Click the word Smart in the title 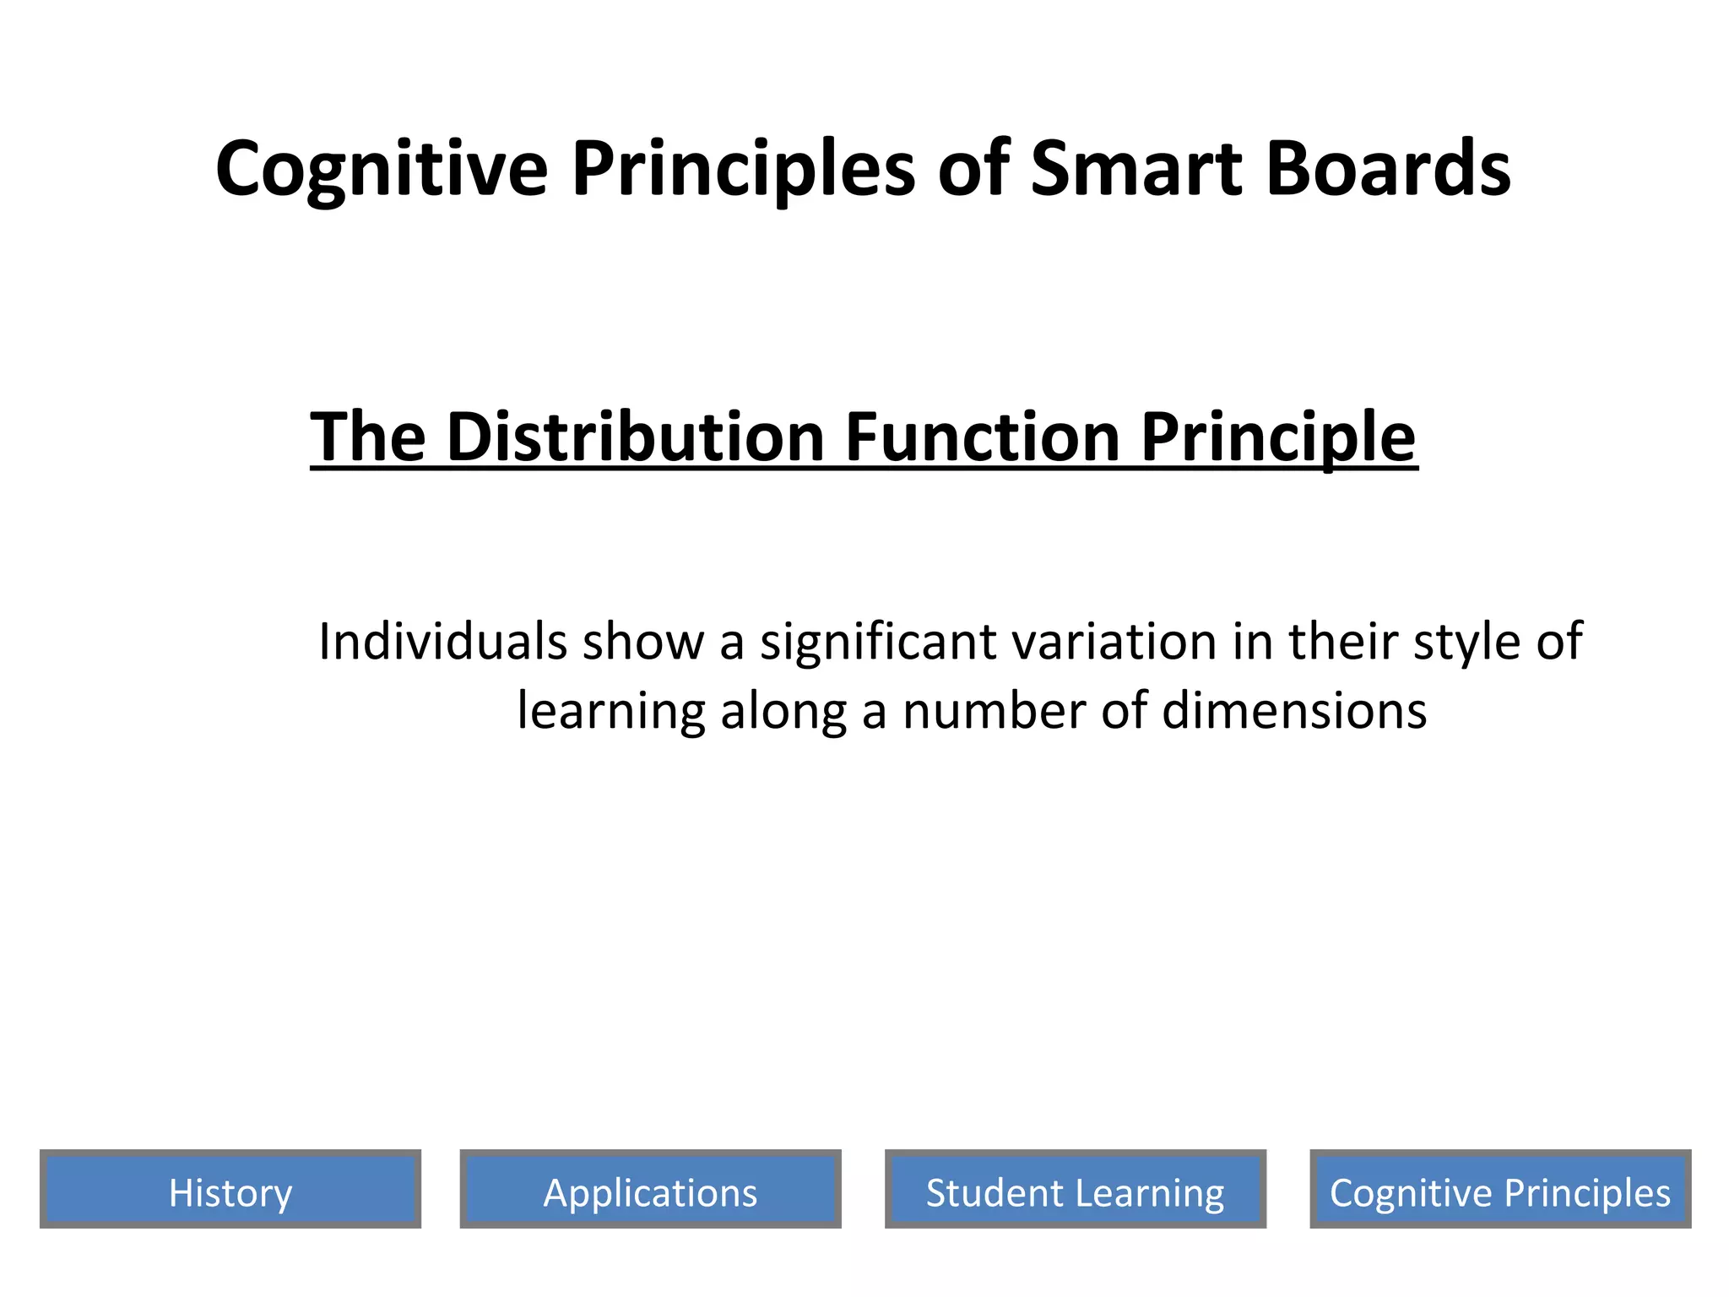pos(1136,168)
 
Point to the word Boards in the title pos(1389,168)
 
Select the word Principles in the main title pos(743,168)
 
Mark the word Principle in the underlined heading pos(1278,437)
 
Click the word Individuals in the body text pos(442,642)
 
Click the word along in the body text pos(783,711)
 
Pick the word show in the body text pos(642,642)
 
